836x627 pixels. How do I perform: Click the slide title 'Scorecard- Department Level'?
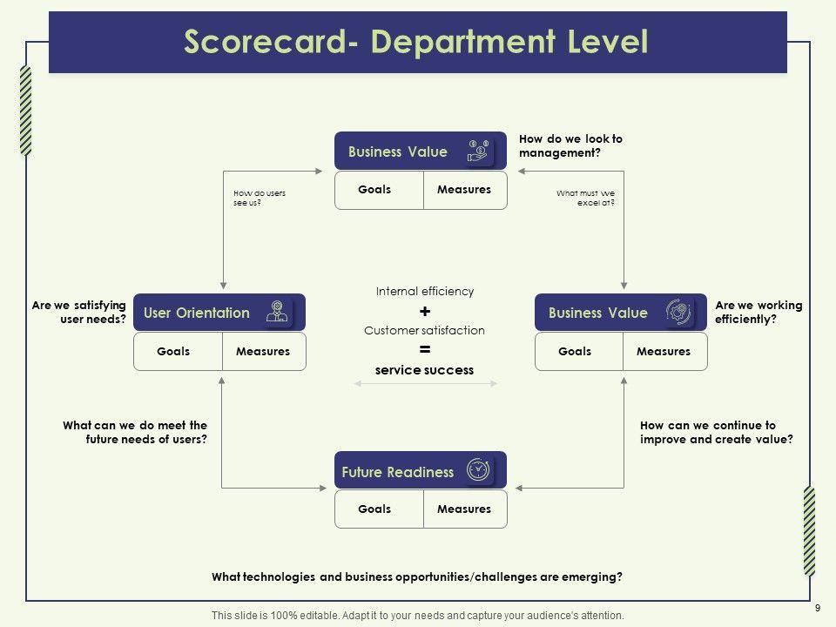(416, 42)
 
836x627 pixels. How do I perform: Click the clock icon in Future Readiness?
(478, 469)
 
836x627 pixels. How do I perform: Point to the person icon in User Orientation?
(277, 312)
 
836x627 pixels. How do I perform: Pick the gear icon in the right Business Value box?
(679, 312)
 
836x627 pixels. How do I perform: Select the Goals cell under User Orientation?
(173, 352)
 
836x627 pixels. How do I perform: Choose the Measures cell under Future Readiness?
(464, 509)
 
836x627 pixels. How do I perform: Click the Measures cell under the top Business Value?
(464, 190)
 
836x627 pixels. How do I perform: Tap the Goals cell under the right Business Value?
(575, 352)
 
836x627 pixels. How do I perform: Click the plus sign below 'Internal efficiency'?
(424, 312)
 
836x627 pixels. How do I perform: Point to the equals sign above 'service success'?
(424, 350)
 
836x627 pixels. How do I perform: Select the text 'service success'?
(424, 370)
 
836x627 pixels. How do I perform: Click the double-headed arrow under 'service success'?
(424, 384)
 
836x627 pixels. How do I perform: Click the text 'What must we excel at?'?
(586, 198)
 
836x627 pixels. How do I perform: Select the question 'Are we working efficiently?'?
(758, 313)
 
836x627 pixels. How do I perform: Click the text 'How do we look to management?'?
(570, 145)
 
